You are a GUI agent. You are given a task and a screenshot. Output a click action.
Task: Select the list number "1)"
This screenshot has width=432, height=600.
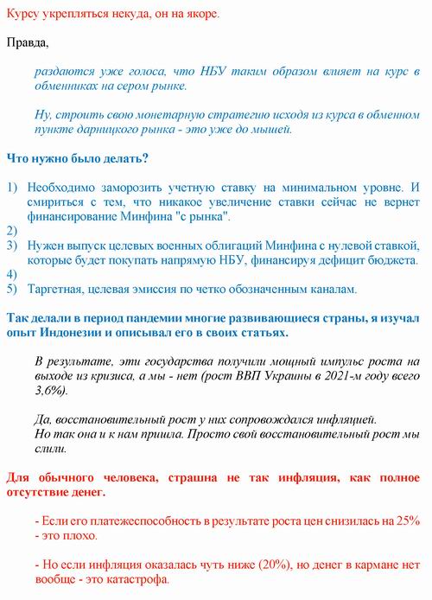[x=12, y=187]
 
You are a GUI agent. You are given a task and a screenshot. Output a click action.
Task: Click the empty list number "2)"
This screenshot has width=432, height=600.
[x=12, y=230]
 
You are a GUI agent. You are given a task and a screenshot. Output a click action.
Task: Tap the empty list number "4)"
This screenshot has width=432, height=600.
[x=12, y=274]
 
